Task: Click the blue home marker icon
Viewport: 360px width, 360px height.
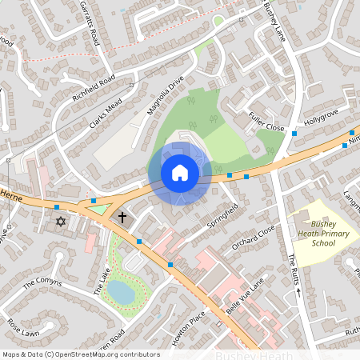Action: (x=180, y=173)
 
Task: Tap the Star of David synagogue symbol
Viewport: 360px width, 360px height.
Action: (x=58, y=220)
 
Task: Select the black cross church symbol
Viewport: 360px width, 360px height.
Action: (x=122, y=217)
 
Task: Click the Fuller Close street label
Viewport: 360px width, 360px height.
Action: (x=266, y=122)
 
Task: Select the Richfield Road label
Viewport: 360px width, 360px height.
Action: (x=94, y=93)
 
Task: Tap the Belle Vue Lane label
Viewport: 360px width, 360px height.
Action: (x=245, y=297)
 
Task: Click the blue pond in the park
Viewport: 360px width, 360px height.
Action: (x=122, y=292)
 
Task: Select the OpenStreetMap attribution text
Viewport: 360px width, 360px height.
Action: (x=80, y=354)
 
